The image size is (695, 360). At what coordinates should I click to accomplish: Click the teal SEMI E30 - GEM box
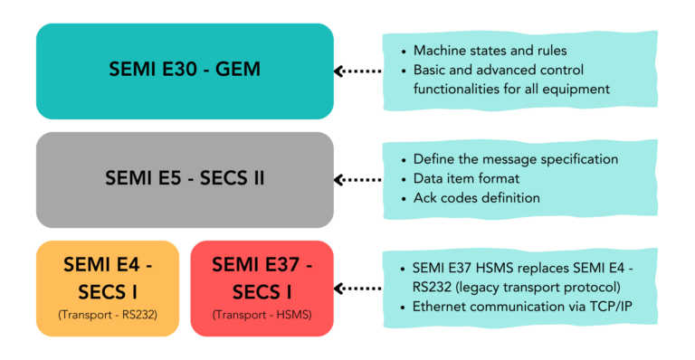(x=185, y=71)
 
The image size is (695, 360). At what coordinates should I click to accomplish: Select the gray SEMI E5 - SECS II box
(x=185, y=179)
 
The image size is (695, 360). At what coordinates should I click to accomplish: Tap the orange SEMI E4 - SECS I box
(x=108, y=288)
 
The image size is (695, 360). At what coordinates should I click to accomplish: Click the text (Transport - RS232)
(x=108, y=316)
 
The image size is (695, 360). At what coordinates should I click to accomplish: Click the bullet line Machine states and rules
(x=490, y=50)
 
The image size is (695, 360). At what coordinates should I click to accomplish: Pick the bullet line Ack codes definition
(x=476, y=197)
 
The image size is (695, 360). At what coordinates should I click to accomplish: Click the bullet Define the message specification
(x=515, y=158)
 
